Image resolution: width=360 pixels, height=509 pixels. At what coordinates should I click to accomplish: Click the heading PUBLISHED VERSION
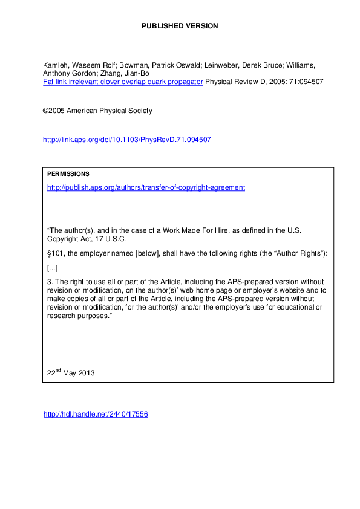[180, 26]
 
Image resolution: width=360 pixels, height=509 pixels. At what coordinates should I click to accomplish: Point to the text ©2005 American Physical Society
[97, 111]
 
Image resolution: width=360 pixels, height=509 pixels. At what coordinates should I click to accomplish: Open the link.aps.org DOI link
[126, 140]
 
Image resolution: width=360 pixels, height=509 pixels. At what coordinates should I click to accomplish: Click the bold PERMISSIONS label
[68, 174]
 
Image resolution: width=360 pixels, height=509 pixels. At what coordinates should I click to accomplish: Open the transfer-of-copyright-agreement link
[146, 187]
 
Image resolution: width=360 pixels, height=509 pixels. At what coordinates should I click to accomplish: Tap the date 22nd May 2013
[71, 373]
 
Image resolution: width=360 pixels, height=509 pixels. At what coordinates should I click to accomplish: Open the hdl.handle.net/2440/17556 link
[96, 415]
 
